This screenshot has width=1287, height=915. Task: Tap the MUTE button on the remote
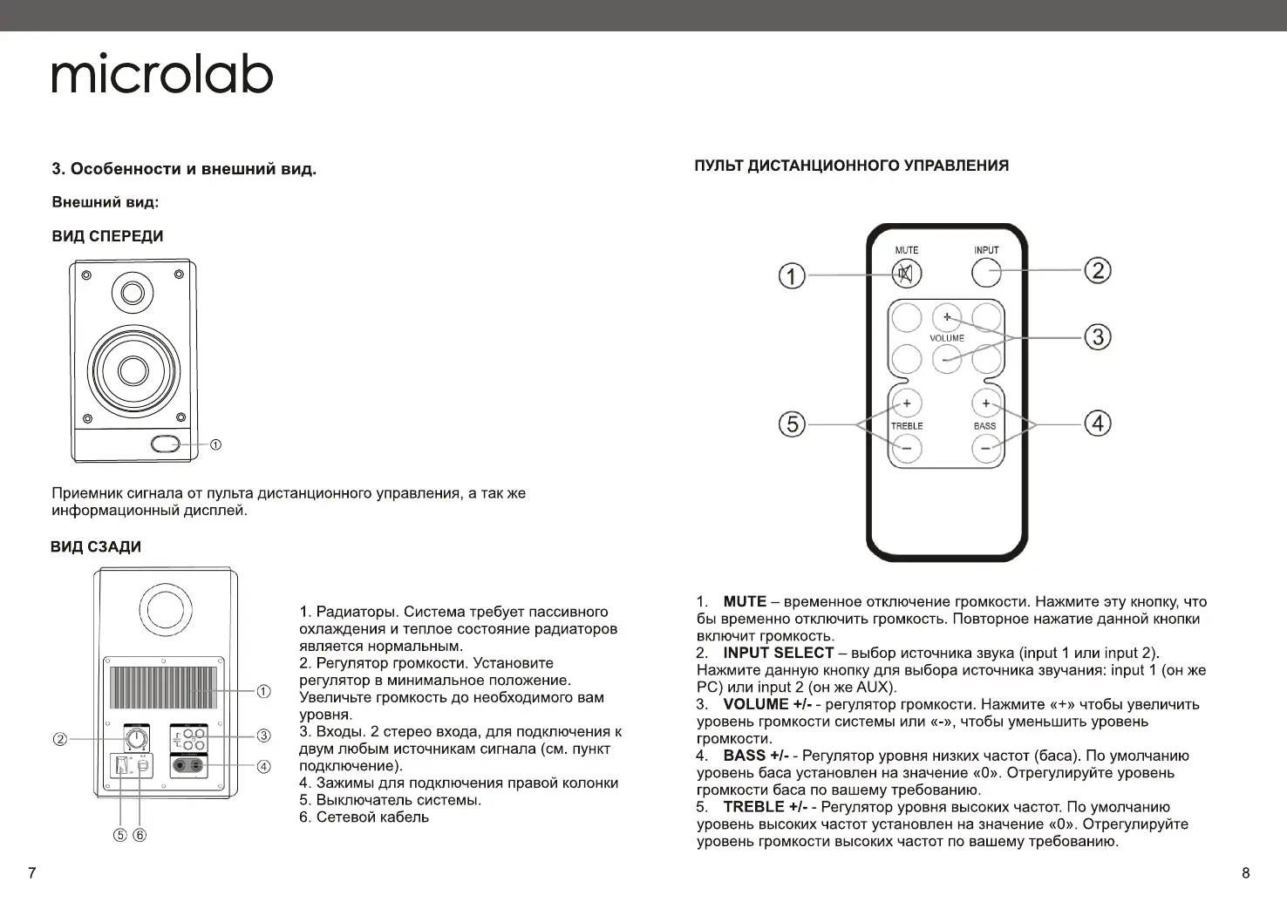[906, 274]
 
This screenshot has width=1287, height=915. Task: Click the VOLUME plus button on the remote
[946, 317]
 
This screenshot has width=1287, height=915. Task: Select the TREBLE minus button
[906, 448]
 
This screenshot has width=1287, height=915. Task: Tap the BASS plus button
[985, 403]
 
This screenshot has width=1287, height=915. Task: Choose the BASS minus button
[985, 448]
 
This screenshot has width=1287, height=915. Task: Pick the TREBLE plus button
[906, 403]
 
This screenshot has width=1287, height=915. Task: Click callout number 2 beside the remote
[1097, 270]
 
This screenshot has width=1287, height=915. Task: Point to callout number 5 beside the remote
[792, 424]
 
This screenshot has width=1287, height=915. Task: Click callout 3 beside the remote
[1097, 336]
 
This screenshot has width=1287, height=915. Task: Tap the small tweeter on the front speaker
[133, 292]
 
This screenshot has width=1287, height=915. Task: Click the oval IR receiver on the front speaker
[165, 444]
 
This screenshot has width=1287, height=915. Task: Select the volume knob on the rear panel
[135, 741]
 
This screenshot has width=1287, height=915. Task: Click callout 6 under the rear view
[140, 835]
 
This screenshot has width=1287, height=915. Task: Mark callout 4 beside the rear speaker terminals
[263, 767]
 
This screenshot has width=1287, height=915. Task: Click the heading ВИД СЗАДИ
[96, 547]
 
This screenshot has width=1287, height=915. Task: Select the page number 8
[1245, 873]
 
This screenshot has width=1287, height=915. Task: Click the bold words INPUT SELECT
[778, 653]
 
